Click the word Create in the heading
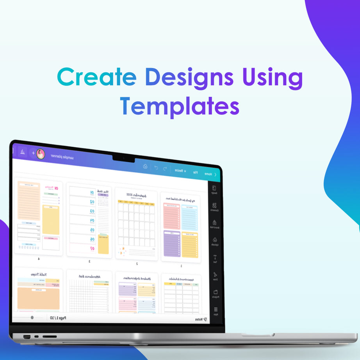pos(96,78)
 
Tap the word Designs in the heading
pos(189,78)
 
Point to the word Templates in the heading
pos(180,105)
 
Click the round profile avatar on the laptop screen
pos(41,154)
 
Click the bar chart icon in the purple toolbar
pos(22,151)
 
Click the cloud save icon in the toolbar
pos(145,167)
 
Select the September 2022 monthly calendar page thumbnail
pos(136,225)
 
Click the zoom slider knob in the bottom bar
pos(32,317)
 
